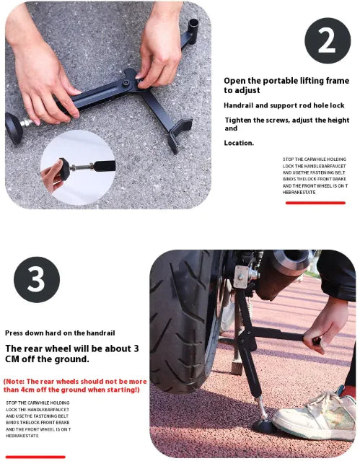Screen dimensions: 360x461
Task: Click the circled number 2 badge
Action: click(x=328, y=40)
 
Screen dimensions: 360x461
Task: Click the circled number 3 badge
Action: click(x=37, y=279)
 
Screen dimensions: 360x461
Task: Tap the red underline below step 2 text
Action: click(x=315, y=203)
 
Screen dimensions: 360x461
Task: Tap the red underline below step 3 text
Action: click(x=35, y=457)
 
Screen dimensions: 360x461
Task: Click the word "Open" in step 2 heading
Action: click(x=234, y=81)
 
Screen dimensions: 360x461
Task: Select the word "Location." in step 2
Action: click(x=239, y=143)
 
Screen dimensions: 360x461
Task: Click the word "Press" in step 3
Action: click(x=14, y=333)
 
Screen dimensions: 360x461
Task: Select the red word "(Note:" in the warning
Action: click(x=14, y=382)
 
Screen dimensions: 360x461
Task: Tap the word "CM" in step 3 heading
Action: click(x=12, y=359)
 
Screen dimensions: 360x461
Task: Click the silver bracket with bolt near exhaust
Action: click(x=241, y=276)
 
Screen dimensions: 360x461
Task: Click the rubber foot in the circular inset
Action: click(x=64, y=169)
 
